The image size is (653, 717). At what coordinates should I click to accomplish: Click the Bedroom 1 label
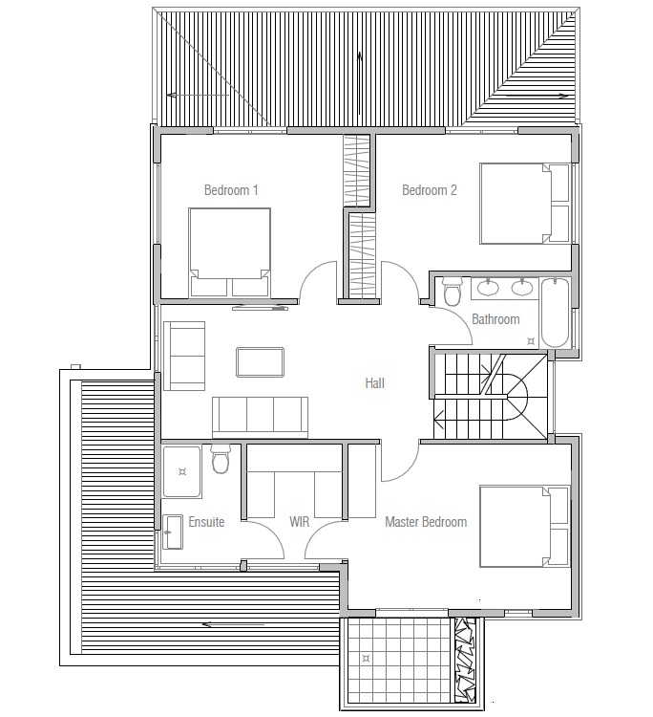pyautogui.click(x=231, y=190)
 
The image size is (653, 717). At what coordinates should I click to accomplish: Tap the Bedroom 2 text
pyautogui.click(x=429, y=190)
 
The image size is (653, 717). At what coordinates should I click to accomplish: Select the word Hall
pyautogui.click(x=374, y=383)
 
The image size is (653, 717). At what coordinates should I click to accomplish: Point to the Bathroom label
pyautogui.click(x=495, y=319)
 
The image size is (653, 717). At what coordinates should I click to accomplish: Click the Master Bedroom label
pyautogui.click(x=426, y=522)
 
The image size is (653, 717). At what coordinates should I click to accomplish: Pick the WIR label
pyautogui.click(x=301, y=523)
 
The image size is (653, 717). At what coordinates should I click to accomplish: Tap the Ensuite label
pyautogui.click(x=206, y=523)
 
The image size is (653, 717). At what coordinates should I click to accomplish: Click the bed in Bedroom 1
pyautogui.click(x=230, y=251)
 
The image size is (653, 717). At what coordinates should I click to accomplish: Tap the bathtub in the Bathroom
pyautogui.click(x=555, y=314)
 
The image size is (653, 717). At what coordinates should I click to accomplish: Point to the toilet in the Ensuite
pyautogui.click(x=221, y=460)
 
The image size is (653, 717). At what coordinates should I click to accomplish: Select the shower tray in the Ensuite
pyautogui.click(x=181, y=469)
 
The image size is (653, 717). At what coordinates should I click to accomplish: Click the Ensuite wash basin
pyautogui.click(x=173, y=532)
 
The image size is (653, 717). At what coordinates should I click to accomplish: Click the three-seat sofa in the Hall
pyautogui.click(x=260, y=416)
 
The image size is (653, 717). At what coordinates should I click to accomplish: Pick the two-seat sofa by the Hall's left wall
pyautogui.click(x=184, y=355)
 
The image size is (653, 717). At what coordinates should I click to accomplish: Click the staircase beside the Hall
pyautogui.click(x=489, y=395)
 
